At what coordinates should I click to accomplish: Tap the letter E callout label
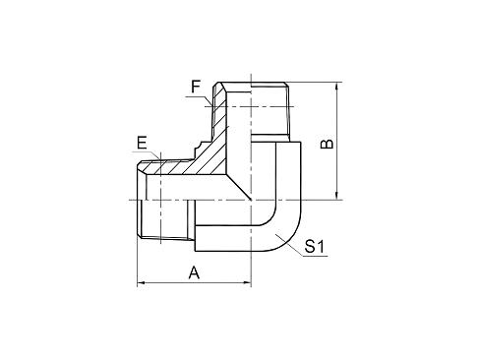click(x=143, y=145)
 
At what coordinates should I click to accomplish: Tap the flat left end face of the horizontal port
click(x=137, y=202)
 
